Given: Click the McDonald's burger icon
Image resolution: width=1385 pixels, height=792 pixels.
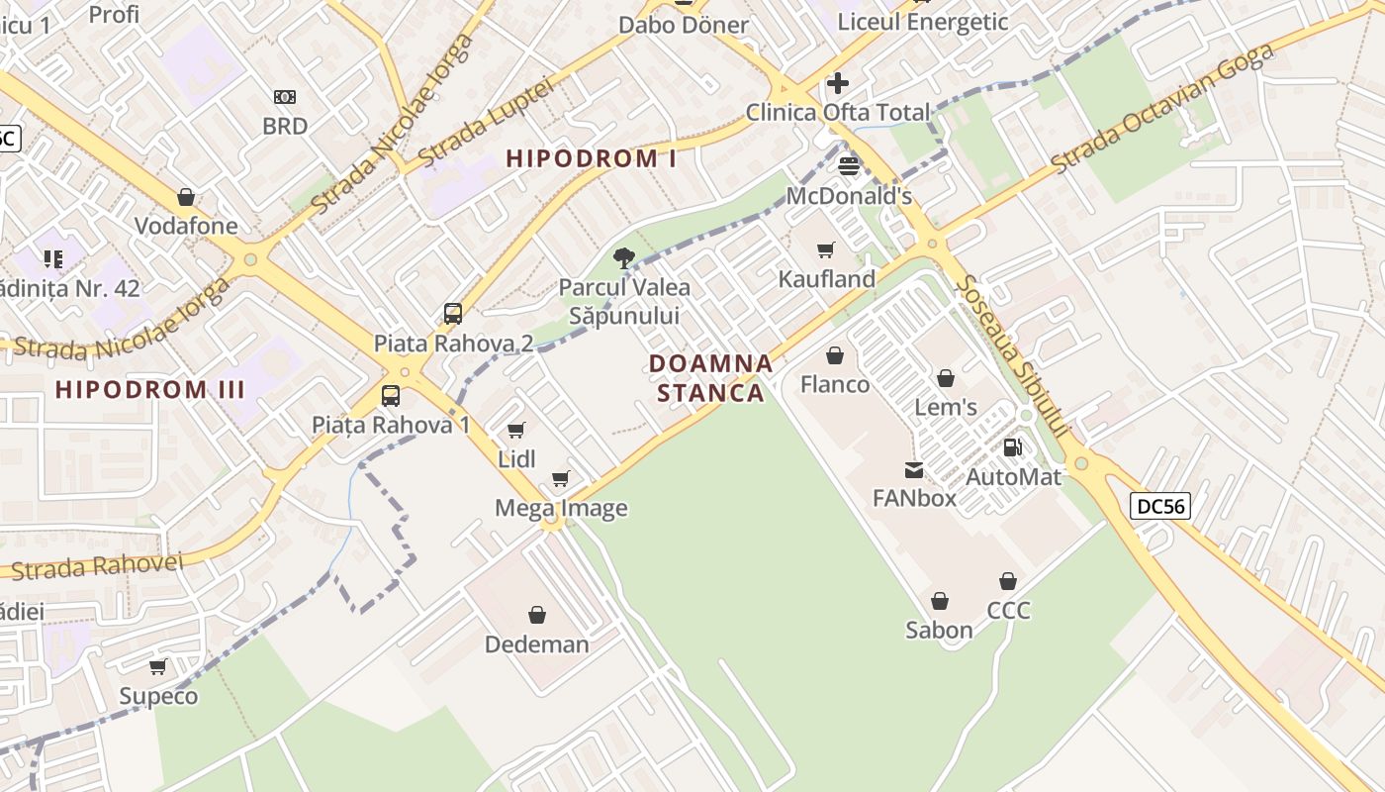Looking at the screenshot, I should point(849,165).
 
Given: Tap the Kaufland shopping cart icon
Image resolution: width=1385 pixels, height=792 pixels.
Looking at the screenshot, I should point(826,249).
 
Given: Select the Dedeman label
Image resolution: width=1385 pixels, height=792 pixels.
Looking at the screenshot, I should point(536,644).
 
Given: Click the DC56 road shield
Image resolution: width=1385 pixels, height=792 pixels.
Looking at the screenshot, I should point(1159,506).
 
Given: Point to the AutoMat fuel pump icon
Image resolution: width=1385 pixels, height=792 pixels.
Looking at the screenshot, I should point(1012,447).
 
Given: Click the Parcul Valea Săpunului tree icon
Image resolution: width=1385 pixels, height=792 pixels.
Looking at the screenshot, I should point(623,258).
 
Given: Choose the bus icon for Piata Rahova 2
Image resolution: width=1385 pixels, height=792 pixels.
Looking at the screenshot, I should point(453,314).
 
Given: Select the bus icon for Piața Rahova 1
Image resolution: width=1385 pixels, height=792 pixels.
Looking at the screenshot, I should point(391,396).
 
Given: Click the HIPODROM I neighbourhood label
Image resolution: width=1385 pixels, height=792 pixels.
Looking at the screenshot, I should point(592,158).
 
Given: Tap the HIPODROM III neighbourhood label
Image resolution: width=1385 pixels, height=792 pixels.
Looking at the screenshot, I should point(150,389).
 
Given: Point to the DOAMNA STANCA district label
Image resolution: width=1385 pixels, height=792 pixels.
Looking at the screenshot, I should point(711,378).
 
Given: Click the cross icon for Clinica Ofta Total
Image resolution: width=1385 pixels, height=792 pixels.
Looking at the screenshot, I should point(838,82).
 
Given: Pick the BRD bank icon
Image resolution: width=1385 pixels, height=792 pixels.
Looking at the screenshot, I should point(285,97).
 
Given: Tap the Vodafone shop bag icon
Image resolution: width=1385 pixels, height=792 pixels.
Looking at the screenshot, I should point(186,197).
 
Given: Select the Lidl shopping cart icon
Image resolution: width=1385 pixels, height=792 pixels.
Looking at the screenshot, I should point(515,430).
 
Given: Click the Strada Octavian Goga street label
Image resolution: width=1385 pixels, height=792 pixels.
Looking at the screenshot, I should point(1161,108).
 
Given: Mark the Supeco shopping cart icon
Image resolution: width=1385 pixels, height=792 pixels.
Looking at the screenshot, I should point(158,666).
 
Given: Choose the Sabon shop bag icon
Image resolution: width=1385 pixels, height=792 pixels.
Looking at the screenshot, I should point(940,601).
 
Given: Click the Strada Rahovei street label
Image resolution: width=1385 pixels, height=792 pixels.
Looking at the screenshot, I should point(98,566).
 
